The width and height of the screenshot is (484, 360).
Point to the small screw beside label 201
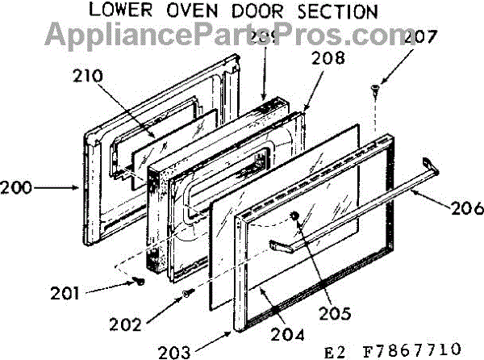(140, 282)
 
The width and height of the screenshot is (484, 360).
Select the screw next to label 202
(186, 295)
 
